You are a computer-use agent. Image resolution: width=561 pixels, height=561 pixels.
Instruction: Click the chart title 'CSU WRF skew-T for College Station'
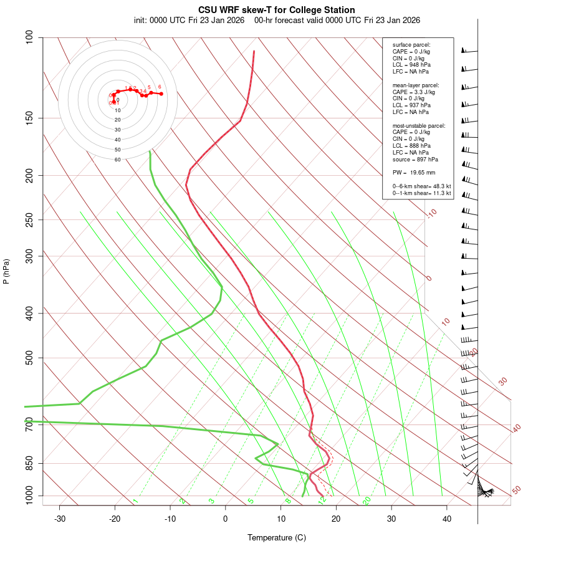click(277, 10)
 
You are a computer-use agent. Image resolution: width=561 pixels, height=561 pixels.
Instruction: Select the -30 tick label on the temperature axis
click(60, 519)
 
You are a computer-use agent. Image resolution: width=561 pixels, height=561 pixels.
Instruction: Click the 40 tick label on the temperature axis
click(447, 519)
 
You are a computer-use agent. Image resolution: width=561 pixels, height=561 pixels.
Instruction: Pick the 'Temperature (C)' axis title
click(277, 537)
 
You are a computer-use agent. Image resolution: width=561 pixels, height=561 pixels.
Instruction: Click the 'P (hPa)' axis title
click(6, 271)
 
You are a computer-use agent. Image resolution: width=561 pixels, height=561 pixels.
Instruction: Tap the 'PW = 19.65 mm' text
click(413, 172)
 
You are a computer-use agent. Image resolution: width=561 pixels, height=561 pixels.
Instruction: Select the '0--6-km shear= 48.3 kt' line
click(421, 186)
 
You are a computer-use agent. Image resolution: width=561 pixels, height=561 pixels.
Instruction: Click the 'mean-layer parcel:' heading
click(415, 85)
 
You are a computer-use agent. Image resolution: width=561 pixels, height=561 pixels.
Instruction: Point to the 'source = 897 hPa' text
click(414, 159)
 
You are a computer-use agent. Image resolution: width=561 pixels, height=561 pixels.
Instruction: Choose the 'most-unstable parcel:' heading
click(419, 125)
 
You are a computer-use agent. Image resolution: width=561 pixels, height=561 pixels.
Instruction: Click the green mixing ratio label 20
click(367, 500)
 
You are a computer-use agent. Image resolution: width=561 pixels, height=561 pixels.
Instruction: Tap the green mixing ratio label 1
click(135, 501)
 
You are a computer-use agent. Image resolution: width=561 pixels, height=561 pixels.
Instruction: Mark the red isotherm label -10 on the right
click(431, 214)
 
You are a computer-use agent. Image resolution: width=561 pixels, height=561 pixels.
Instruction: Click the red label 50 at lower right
click(516, 491)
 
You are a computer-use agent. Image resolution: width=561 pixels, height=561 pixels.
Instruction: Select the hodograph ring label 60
click(117, 160)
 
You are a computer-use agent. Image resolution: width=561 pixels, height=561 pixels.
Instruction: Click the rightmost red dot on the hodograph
click(161, 94)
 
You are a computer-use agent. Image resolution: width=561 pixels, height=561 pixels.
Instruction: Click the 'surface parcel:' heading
click(411, 45)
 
